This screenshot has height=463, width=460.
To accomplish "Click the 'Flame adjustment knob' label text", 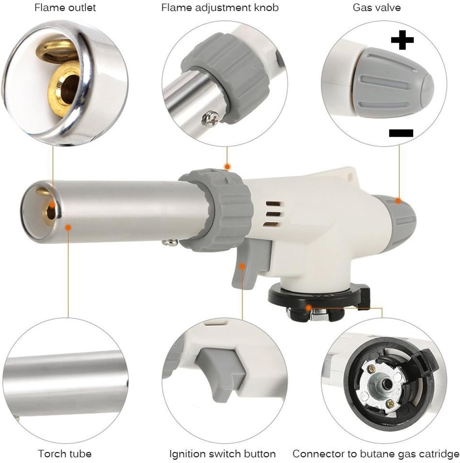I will (x=220, y=8).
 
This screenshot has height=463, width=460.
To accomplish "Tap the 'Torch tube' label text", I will (x=65, y=453).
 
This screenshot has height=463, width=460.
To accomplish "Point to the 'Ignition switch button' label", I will (x=222, y=453).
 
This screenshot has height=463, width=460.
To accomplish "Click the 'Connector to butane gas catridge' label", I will (x=376, y=453).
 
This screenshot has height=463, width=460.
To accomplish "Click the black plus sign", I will (x=402, y=41).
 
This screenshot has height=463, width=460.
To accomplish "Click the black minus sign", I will (x=401, y=133).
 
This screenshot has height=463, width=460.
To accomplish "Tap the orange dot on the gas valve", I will (x=398, y=200).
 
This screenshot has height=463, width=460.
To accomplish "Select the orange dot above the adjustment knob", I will (x=227, y=166).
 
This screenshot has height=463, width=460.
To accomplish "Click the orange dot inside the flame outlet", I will (x=53, y=206).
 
